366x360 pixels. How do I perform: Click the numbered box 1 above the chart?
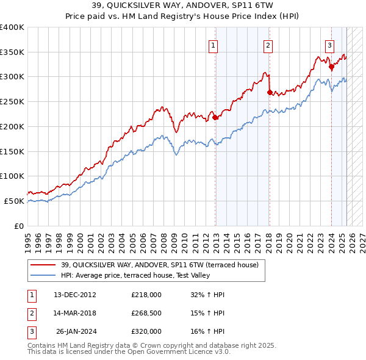pos(213,44)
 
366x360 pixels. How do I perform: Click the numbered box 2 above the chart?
pos(268,44)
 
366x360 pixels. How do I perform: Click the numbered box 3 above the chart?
pos(329,44)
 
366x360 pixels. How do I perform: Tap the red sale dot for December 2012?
pos(215,118)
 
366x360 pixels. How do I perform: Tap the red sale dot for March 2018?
pos(270,93)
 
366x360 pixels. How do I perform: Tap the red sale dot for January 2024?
pos(331,67)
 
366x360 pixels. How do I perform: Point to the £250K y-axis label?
pos(12,102)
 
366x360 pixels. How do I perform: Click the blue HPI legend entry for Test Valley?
pos(135,276)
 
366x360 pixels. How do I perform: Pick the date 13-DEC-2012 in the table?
pos(75,295)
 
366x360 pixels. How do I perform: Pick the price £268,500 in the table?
pos(146,313)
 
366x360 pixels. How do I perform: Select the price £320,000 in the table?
pos(146,331)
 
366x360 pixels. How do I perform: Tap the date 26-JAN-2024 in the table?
pos(76,331)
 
